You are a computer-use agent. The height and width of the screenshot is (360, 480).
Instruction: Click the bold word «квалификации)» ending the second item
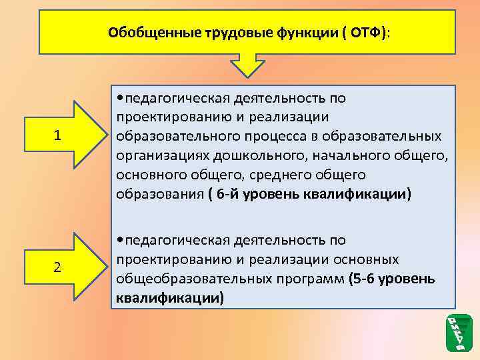[x=169, y=297]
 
